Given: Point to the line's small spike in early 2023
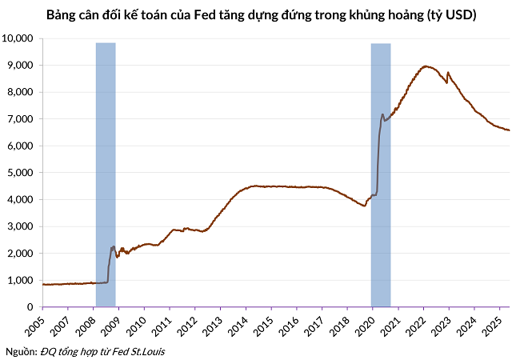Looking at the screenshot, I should click(448, 73).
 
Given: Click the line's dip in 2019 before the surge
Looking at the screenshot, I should click(364, 206).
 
